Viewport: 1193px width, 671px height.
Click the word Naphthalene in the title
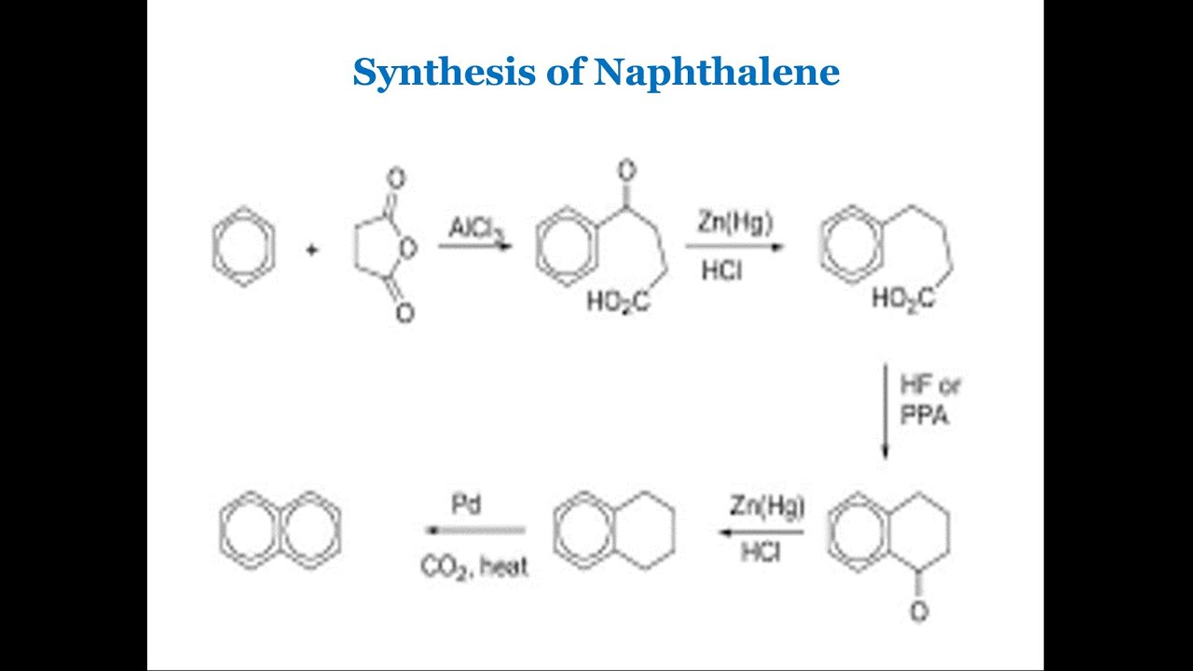tap(717, 72)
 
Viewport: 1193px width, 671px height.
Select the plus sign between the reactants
tap(312, 249)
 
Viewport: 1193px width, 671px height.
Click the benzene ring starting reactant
tap(243, 249)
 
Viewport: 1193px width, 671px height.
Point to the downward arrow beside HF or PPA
tap(884, 410)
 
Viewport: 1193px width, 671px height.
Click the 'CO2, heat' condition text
tap(474, 566)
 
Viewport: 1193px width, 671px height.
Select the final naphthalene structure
tap(280, 530)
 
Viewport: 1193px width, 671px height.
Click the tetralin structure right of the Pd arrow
tap(614, 530)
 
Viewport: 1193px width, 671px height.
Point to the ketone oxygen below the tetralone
tap(919, 612)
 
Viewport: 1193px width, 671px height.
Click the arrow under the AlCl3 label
tap(474, 247)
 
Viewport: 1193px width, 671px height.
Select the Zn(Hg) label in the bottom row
tap(767, 507)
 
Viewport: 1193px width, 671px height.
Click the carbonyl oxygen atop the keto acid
tap(626, 171)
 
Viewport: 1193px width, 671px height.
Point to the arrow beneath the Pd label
tap(474, 531)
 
